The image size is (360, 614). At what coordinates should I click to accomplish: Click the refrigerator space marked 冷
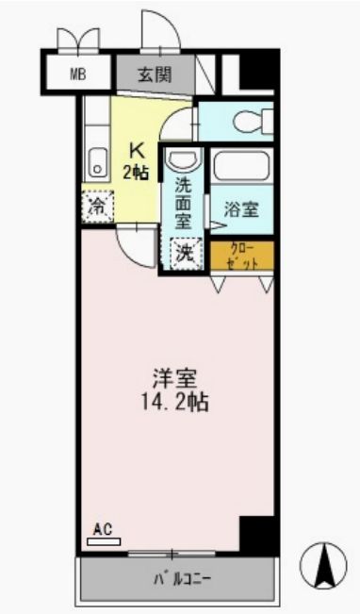pos(97,205)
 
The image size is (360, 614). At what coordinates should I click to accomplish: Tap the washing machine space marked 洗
pos(185,253)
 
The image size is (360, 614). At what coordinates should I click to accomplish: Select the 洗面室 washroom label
pos(184,203)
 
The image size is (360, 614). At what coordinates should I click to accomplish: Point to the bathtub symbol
pos(240,166)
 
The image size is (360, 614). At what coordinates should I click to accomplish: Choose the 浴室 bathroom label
pos(242,210)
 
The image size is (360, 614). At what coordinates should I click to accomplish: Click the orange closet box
pos(241,256)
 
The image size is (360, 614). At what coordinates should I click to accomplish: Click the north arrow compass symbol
pos(323,566)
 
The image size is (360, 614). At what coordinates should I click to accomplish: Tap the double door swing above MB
pos(77,41)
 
